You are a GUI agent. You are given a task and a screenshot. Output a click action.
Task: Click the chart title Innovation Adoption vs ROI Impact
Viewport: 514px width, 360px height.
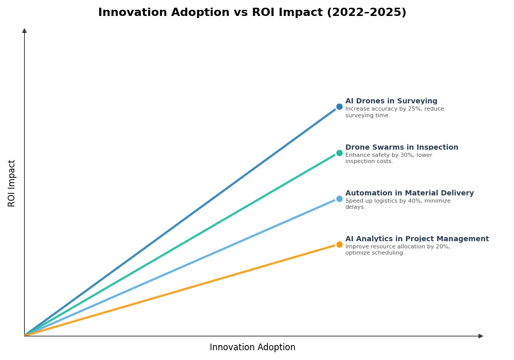(x=252, y=13)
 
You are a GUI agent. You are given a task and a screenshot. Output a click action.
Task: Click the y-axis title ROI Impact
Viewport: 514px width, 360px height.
(x=12, y=183)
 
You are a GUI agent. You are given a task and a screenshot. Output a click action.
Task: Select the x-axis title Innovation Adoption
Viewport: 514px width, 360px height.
(x=252, y=348)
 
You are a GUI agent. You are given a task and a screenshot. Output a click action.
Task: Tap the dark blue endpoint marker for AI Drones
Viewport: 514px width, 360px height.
(x=339, y=107)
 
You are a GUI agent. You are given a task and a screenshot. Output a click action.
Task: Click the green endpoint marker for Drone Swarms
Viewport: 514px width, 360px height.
(x=339, y=153)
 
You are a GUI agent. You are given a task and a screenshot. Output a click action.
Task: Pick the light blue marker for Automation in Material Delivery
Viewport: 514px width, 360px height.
(x=339, y=199)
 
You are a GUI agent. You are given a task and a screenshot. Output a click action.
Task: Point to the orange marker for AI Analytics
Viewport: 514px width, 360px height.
(x=339, y=244)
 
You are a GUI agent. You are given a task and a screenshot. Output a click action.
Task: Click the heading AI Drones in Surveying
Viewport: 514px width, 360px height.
(x=391, y=101)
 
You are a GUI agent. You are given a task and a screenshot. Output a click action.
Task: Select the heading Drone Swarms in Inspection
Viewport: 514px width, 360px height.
(x=401, y=148)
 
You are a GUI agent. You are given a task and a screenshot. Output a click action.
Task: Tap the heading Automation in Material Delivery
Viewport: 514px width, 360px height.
(x=409, y=193)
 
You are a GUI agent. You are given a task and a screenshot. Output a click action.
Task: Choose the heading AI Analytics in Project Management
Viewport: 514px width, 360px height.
(x=417, y=239)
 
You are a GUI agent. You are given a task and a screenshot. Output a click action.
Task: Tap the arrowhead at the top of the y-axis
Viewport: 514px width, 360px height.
(x=24, y=31)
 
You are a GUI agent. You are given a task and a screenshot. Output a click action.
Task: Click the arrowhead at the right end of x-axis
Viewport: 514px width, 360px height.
(x=481, y=336)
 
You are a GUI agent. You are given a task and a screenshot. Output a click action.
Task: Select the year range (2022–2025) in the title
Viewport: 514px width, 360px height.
(x=366, y=13)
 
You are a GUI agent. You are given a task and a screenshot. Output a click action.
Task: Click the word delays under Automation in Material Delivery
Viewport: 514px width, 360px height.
(x=355, y=207)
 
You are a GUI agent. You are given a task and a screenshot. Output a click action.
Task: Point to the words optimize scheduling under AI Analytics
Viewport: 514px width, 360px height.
(x=375, y=253)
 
